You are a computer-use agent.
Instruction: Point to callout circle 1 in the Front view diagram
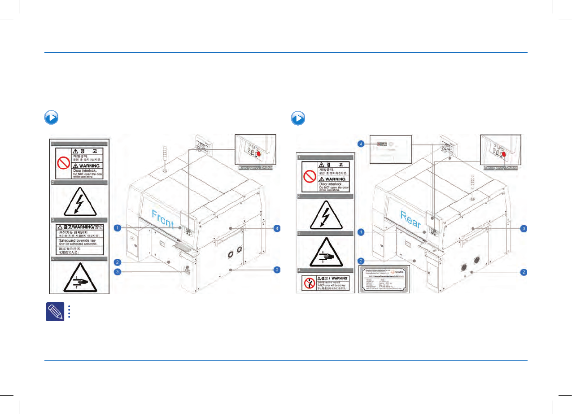click(x=118, y=228)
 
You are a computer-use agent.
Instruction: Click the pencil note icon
click(x=52, y=311)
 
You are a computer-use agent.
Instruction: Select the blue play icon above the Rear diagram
click(x=298, y=118)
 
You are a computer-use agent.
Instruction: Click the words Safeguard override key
click(x=78, y=240)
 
